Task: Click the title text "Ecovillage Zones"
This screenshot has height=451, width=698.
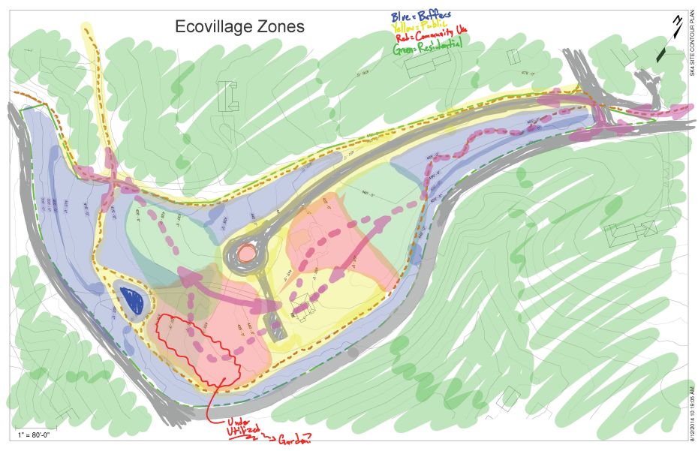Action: click(239, 27)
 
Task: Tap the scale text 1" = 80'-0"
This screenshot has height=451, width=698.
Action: click(33, 435)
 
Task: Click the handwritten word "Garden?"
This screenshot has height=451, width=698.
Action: click(295, 440)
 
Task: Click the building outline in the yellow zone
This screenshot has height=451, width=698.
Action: click(302, 308)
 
